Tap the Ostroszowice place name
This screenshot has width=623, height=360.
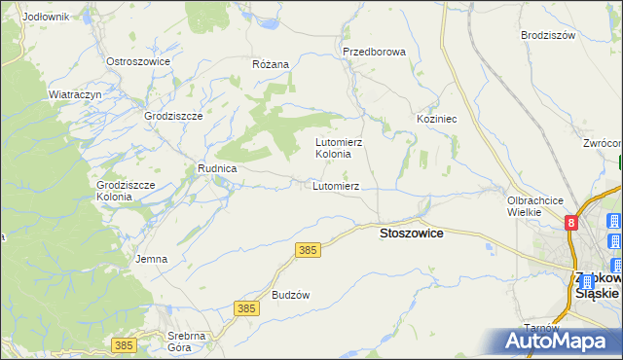click(x=138, y=61)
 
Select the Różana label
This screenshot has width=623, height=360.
click(x=271, y=64)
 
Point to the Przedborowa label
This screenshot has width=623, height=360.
click(x=374, y=52)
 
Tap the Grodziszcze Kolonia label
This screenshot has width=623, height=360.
click(x=121, y=190)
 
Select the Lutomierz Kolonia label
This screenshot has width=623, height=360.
click(x=339, y=148)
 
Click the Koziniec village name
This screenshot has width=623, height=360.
click(x=437, y=118)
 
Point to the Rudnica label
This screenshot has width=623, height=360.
click(x=218, y=167)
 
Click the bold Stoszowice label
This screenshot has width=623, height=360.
click(x=411, y=234)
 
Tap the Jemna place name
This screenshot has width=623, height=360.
click(x=152, y=259)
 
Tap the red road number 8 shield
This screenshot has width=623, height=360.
click(x=571, y=224)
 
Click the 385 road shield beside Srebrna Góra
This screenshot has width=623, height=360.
click(x=123, y=345)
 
